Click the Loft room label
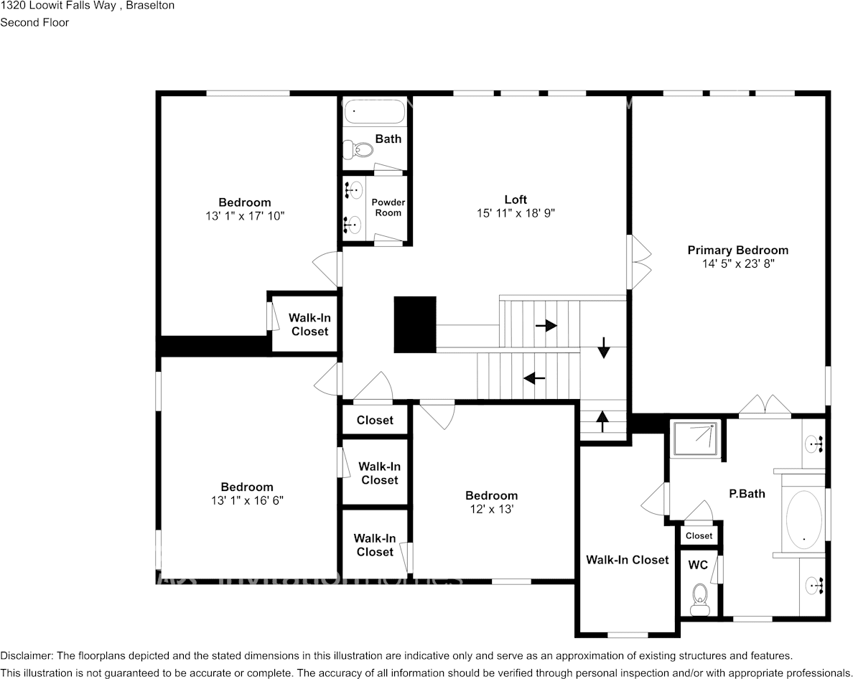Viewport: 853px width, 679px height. pyautogui.click(x=515, y=200)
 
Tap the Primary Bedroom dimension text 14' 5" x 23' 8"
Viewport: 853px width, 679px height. pyautogui.click(x=737, y=264)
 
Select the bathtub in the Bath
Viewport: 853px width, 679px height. pyautogui.click(x=374, y=112)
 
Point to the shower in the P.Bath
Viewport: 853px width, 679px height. pyautogui.click(x=695, y=439)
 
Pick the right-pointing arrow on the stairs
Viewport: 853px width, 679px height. pyautogui.click(x=546, y=326)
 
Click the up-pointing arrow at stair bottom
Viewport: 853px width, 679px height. pyautogui.click(x=602, y=421)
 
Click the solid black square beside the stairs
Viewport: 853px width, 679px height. pyautogui.click(x=415, y=324)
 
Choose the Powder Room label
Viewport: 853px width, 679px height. pyautogui.click(x=388, y=207)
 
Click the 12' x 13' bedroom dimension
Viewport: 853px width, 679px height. pyautogui.click(x=491, y=509)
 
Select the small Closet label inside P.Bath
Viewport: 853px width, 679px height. pyautogui.click(x=699, y=536)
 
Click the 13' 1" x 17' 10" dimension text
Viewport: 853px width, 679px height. pyautogui.click(x=245, y=215)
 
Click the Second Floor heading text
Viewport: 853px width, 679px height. pyautogui.click(x=34, y=22)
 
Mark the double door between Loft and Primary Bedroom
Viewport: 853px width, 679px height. pyautogui.click(x=638, y=262)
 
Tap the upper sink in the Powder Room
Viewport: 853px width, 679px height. pyautogui.click(x=354, y=191)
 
